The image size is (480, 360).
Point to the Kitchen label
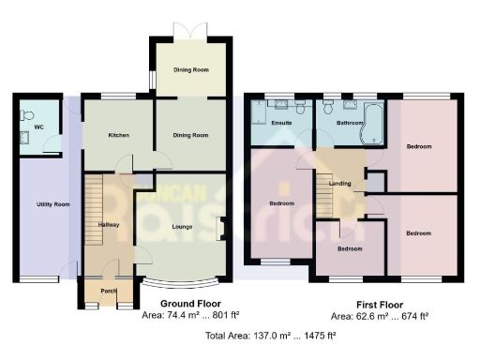pos(118,136)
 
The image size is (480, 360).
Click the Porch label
pos(107,291)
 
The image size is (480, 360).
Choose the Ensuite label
pos(280,123)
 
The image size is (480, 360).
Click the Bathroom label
pos(337,123)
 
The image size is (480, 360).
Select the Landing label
pos(339,183)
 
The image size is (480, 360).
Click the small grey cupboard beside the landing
pos(374,182)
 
